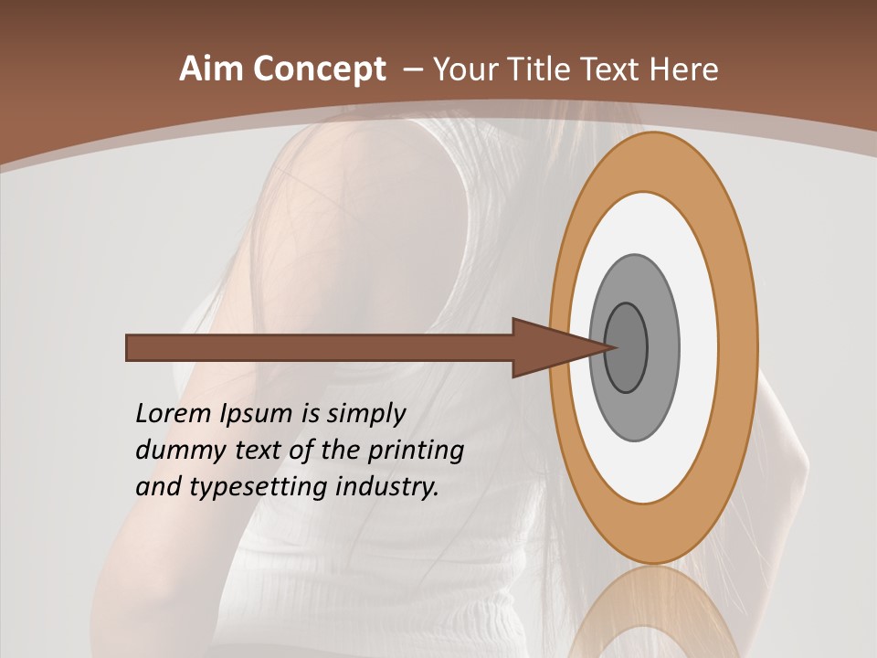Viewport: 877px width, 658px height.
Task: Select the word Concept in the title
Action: tap(320, 69)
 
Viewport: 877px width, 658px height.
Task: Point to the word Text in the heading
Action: tap(614, 69)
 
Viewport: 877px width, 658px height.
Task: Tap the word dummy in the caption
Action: tap(177, 451)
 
